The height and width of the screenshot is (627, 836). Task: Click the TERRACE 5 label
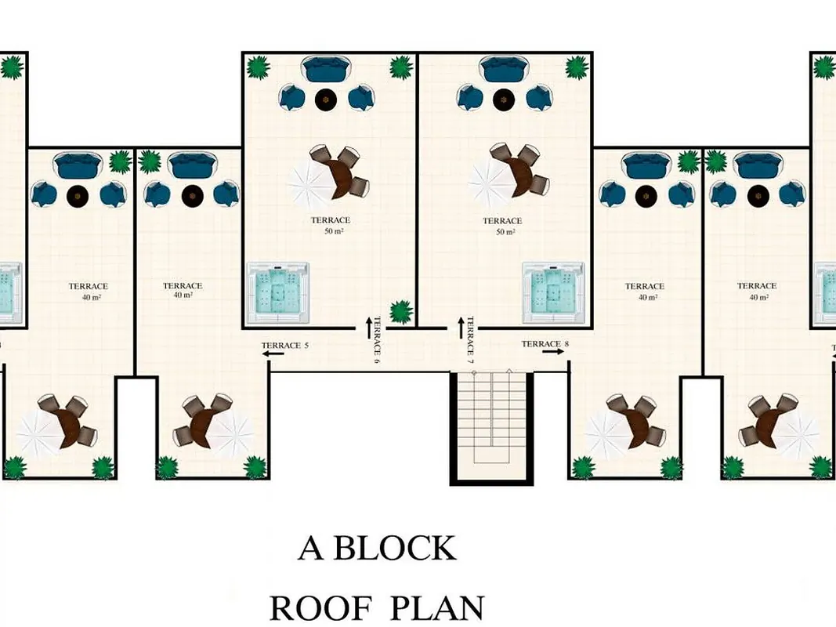tap(284, 346)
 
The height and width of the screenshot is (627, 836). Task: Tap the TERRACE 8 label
tap(545, 344)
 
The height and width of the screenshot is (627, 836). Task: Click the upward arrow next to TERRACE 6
tap(368, 328)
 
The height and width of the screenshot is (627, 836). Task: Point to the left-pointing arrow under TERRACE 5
tap(273, 353)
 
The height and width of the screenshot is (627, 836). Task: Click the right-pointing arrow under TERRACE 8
tap(554, 352)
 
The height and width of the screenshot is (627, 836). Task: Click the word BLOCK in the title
tap(395, 548)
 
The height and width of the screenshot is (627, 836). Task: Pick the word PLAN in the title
tap(438, 607)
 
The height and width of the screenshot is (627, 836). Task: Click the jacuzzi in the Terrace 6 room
tap(278, 292)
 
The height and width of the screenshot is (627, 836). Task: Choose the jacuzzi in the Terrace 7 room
tap(553, 292)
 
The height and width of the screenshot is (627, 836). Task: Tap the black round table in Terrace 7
tap(501, 100)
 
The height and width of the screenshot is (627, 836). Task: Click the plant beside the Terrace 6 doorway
tap(401, 312)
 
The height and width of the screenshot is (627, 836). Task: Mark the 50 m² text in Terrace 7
tap(505, 232)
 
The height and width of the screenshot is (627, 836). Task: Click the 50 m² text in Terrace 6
tap(334, 231)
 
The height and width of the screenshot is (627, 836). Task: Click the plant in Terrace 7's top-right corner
tap(577, 67)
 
